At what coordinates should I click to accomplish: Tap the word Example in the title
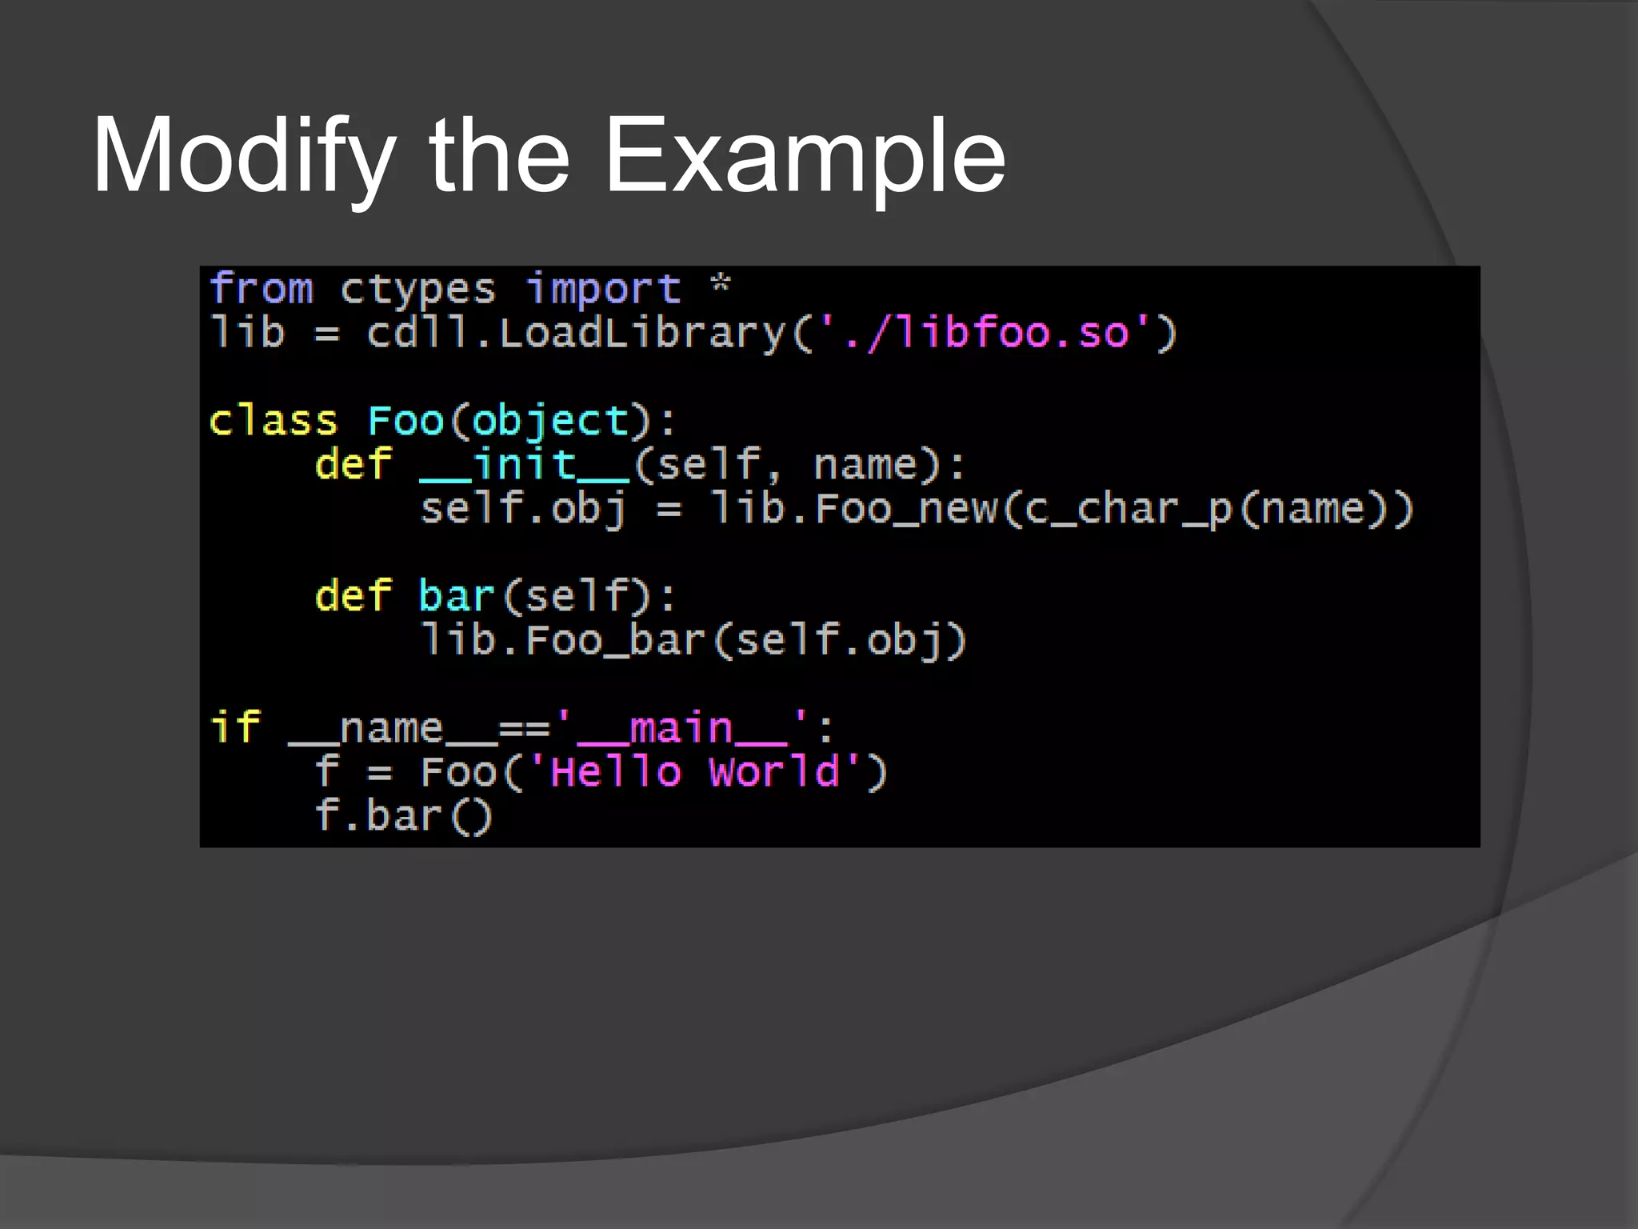(x=804, y=156)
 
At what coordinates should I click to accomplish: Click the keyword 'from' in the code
(x=261, y=289)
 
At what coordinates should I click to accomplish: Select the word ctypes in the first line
(x=417, y=290)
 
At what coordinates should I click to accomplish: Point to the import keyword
(x=603, y=289)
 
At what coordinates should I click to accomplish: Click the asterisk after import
(x=721, y=286)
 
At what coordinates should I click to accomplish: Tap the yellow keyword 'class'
(x=273, y=421)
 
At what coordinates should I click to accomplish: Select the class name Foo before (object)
(x=406, y=421)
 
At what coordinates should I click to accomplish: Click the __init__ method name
(x=525, y=465)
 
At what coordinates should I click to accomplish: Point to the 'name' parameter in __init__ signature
(x=865, y=465)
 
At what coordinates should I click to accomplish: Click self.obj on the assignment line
(x=523, y=510)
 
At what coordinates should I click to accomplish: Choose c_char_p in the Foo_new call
(x=1129, y=510)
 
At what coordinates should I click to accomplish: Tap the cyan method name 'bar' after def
(x=457, y=597)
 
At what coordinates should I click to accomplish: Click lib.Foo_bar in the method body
(x=563, y=641)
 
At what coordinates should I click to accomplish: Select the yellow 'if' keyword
(x=235, y=728)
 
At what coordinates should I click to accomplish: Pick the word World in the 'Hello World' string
(x=774, y=772)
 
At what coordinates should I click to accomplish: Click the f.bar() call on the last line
(x=404, y=816)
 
